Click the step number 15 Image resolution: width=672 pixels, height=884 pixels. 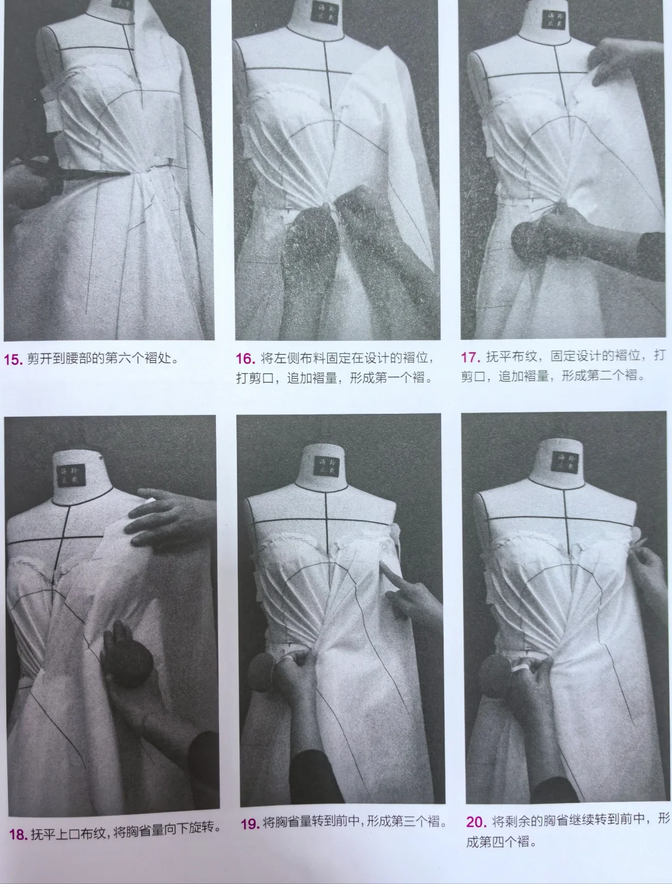pyautogui.click(x=13, y=359)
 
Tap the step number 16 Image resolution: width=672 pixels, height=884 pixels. pyautogui.click(x=245, y=358)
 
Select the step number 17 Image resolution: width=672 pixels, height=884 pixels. pyautogui.click(x=470, y=357)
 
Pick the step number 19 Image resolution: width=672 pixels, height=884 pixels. pyautogui.click(x=250, y=824)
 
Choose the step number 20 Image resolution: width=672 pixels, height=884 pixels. pyautogui.click(x=476, y=822)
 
